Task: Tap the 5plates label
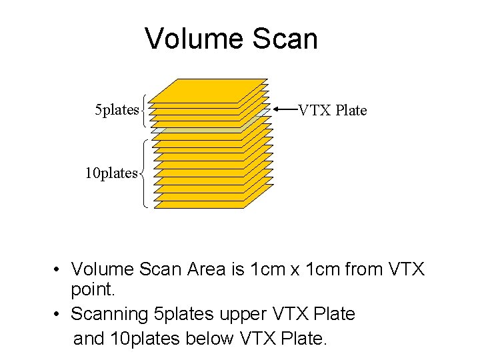tap(117, 109)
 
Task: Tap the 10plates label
tap(111, 173)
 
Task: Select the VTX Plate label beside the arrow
tap(332, 110)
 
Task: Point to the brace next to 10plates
tap(145, 173)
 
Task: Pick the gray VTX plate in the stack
tap(249, 123)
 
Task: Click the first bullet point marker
tap(59, 270)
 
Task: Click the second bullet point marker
tap(59, 313)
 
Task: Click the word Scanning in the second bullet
tap(110, 313)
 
